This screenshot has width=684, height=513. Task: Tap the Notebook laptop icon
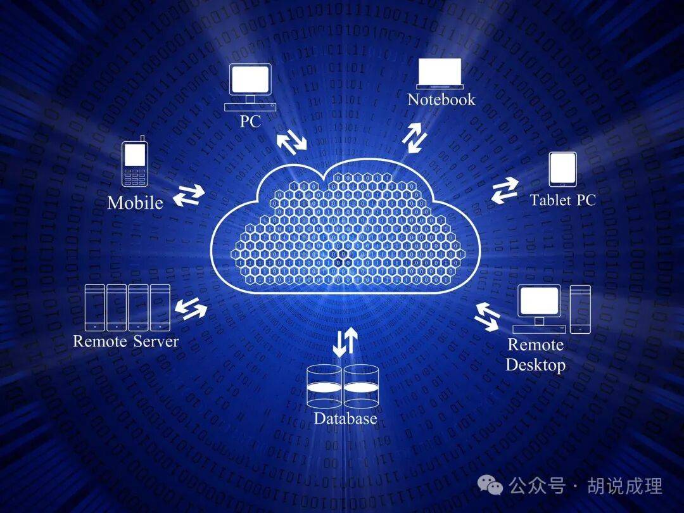pos(440,73)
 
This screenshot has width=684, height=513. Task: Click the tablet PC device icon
pos(562,169)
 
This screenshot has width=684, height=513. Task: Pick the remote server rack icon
pos(128,307)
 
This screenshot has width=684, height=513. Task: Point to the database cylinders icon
pos(343,386)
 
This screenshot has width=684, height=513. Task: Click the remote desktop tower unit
pos(580,308)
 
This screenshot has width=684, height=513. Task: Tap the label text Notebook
pos(441,99)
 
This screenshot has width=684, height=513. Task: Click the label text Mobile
pos(135,203)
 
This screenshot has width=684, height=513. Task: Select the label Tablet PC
pos(563,200)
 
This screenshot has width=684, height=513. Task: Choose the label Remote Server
pos(126,341)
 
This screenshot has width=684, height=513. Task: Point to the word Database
pos(345,419)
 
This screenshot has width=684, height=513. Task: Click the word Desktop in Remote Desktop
pos(535,365)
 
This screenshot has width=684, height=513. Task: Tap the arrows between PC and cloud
pos(291,141)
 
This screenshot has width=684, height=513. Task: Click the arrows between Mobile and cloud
pos(189,196)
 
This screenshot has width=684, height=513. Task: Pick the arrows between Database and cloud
pos(345,341)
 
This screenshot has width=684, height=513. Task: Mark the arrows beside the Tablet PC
pos(505,190)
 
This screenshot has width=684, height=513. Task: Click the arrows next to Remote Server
pos(191,309)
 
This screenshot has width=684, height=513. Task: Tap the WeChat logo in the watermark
pos(491,485)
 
